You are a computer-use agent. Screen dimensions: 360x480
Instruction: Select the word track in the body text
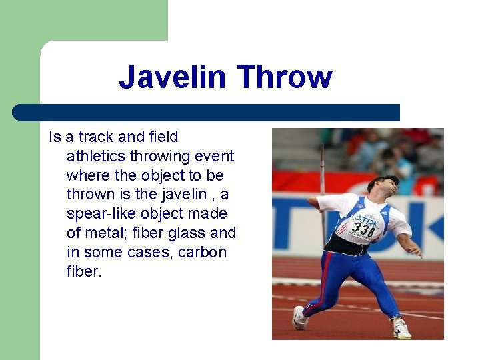(x=96, y=137)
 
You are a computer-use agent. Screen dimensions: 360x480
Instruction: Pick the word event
(x=214, y=157)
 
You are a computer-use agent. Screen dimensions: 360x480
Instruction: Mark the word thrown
(x=89, y=195)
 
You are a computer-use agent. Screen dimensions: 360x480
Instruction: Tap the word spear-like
(x=101, y=214)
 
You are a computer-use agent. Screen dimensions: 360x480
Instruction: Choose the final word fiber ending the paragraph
(x=84, y=272)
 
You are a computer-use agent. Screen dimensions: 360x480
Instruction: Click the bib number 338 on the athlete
(x=364, y=229)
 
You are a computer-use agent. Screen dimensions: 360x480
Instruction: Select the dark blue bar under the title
(x=206, y=112)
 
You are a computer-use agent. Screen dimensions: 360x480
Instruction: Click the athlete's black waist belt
(x=347, y=245)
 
